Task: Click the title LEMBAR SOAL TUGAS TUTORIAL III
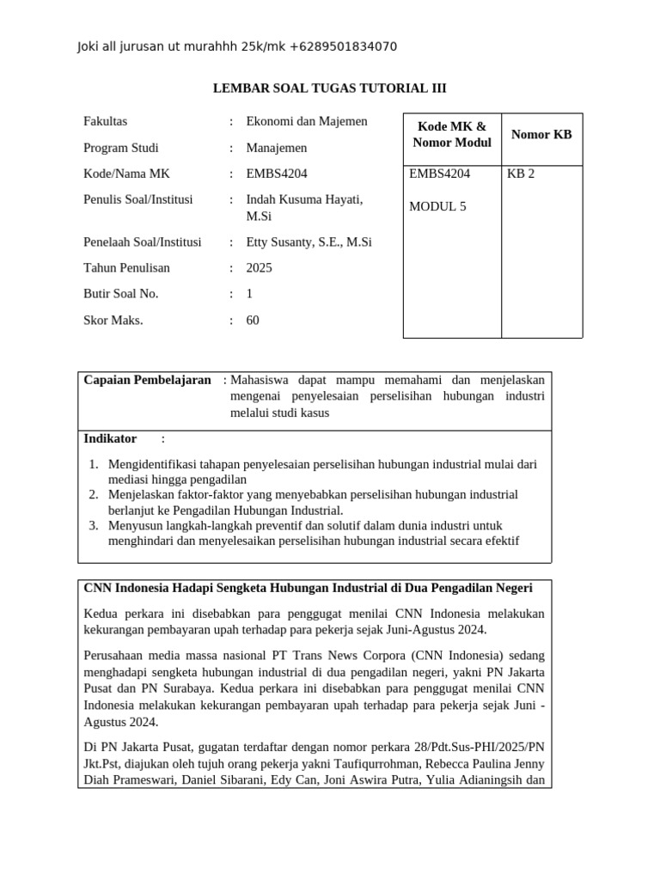click(x=329, y=89)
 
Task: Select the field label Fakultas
click(x=105, y=121)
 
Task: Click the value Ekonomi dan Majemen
click(x=307, y=121)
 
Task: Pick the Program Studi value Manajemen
click(x=276, y=148)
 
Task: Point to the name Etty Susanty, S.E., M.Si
click(x=309, y=242)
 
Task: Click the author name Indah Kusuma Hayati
click(x=304, y=199)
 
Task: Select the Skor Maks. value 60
click(x=253, y=321)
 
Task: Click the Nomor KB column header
click(x=541, y=134)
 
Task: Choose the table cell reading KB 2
click(x=521, y=174)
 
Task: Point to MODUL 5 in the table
click(x=437, y=206)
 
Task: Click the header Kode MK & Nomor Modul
click(x=451, y=135)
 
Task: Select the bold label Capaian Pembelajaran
click(x=147, y=380)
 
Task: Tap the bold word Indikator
click(x=110, y=439)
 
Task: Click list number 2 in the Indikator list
click(x=94, y=495)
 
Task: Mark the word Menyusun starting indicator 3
click(x=133, y=525)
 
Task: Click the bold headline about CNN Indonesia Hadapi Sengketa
click(x=308, y=588)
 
